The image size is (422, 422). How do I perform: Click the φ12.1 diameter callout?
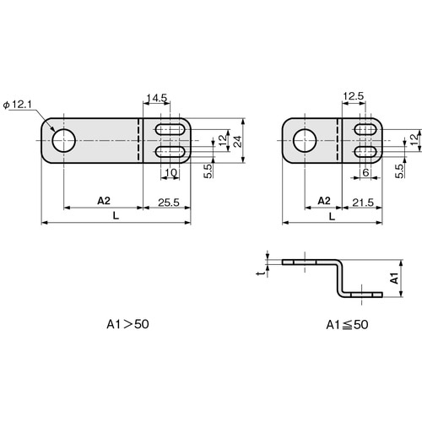click(x=18, y=105)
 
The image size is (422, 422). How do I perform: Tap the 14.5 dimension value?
click(x=157, y=98)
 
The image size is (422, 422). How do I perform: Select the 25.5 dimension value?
click(x=169, y=203)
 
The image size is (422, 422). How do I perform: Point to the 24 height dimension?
click(x=238, y=142)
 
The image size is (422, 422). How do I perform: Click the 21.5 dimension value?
click(x=363, y=203)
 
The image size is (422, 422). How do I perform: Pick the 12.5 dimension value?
click(x=354, y=96)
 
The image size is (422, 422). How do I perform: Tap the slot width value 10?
click(x=170, y=172)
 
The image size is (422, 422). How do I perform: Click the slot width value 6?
click(x=365, y=172)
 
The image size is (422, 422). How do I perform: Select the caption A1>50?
click(x=127, y=324)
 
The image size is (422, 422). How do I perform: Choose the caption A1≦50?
click(x=347, y=325)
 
